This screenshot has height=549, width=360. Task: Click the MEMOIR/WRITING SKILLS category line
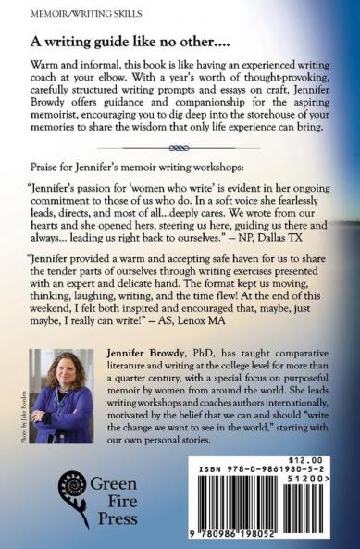(x=62, y=12)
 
